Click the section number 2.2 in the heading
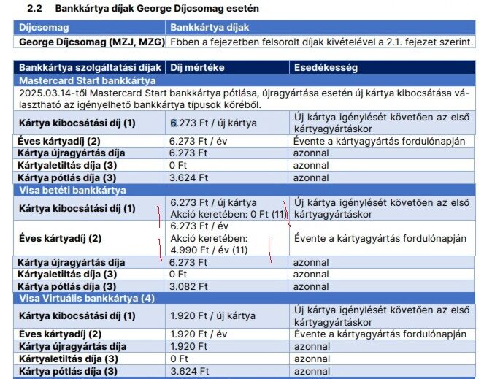34,8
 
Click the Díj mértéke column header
196,67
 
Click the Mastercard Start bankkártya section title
87,80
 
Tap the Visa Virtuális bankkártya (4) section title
87,299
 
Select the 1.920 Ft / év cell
196,334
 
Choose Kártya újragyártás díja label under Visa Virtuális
72,346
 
